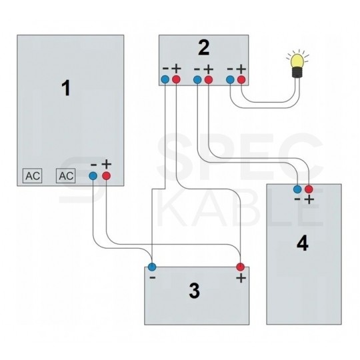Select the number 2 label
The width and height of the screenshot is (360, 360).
click(204, 47)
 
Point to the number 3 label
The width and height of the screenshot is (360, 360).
click(194, 291)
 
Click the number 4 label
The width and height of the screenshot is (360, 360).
click(302, 244)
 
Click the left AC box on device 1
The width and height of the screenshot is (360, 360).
click(32, 176)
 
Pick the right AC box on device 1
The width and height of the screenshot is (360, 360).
click(65, 176)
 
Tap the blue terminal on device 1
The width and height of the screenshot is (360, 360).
click(93, 176)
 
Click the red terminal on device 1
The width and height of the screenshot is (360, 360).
click(106, 176)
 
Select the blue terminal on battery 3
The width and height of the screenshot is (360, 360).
click(152, 267)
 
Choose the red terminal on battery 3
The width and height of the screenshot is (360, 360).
click(241, 267)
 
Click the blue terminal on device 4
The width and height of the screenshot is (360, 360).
click(297, 189)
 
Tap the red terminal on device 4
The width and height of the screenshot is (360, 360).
click(308, 189)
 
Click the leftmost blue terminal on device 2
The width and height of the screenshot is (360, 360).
click(165, 80)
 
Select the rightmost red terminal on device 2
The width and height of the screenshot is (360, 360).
click(241, 80)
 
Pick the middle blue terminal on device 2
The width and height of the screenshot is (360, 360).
click(197, 80)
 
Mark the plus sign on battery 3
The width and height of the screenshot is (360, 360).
click(241, 277)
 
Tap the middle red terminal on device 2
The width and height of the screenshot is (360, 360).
click(208, 80)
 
